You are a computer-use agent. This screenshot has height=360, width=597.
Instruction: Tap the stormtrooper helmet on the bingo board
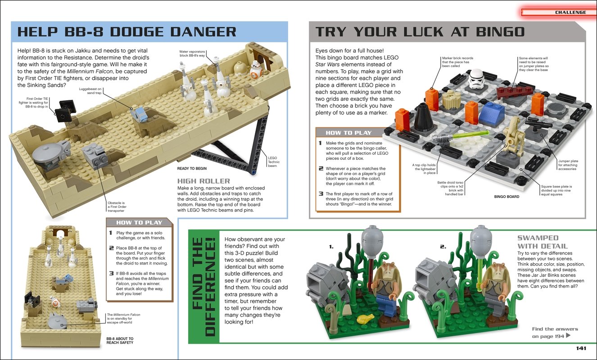pos(477,79)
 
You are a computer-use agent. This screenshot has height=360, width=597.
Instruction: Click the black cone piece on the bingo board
pos(422,117)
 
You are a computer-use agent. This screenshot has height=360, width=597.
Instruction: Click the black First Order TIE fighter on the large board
pos(64,111)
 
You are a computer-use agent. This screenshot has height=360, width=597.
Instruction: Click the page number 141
pos(581,348)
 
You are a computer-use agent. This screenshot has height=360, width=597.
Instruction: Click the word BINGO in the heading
pos(500,32)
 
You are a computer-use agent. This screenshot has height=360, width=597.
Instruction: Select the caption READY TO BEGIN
pos(192,168)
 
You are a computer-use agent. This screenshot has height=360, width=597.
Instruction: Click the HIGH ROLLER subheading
pos(204,181)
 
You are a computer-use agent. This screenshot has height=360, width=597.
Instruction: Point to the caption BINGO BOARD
pos(507,197)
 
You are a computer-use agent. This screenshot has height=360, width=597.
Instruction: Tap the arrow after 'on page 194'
pos(568,335)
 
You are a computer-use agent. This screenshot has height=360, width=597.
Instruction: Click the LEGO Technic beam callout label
pos(274,162)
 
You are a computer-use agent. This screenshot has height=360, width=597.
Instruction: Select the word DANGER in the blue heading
pos(203,32)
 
